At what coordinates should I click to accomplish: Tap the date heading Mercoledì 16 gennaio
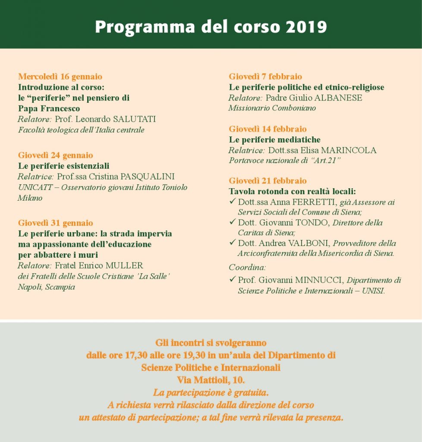(x=60, y=77)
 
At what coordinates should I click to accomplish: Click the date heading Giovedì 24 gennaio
(x=55, y=155)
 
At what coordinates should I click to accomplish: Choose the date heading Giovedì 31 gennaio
(x=55, y=223)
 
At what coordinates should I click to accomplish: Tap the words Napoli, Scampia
(x=46, y=287)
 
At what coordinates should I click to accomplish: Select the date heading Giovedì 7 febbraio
(x=265, y=77)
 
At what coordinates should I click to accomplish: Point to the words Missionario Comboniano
(x=272, y=108)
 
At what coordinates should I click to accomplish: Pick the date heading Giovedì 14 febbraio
(x=268, y=129)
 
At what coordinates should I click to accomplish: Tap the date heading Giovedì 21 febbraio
(x=268, y=181)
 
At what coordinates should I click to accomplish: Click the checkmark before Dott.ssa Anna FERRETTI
(x=232, y=202)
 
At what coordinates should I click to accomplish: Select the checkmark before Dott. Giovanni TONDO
(x=232, y=222)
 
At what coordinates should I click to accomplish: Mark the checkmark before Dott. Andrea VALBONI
(x=232, y=243)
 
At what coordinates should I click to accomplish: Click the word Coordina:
(x=247, y=268)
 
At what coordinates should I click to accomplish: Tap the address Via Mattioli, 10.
(x=211, y=380)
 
